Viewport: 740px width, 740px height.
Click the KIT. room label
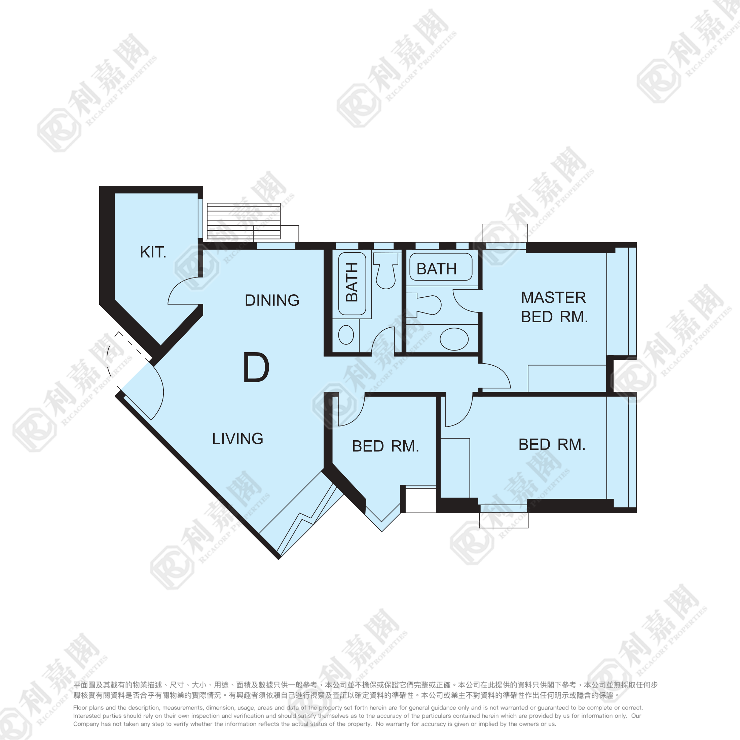tap(153, 252)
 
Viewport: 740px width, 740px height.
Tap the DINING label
tap(272, 300)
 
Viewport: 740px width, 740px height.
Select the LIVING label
tap(238, 439)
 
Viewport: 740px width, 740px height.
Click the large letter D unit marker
tap(256, 368)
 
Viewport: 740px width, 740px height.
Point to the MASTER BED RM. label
tap(554, 307)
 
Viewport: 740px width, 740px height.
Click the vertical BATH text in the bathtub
tap(351, 282)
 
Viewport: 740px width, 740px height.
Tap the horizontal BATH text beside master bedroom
tap(437, 269)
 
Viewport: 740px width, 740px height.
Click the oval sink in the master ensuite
tap(454, 339)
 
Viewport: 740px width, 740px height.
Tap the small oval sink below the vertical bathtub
tap(346, 335)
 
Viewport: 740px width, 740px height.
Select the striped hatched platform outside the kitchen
tap(244, 221)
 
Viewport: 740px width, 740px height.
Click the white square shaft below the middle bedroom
tap(420, 501)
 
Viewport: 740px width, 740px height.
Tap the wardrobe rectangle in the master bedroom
tap(567, 378)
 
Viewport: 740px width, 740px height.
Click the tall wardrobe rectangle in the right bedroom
tap(455, 468)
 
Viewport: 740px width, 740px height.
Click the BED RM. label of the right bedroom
tap(552, 444)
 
